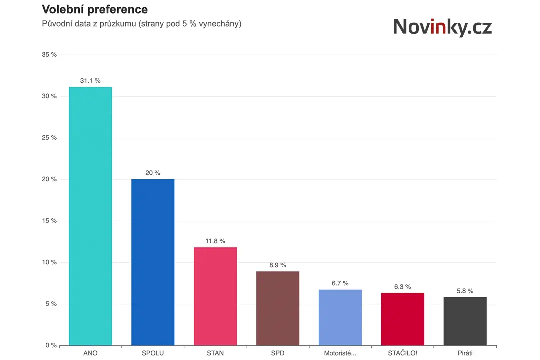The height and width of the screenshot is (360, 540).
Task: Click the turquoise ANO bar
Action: pyautogui.click(x=90, y=216)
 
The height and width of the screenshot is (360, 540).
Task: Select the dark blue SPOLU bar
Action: pyautogui.click(x=153, y=262)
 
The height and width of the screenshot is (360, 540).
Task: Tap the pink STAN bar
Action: pyautogui.click(x=215, y=296)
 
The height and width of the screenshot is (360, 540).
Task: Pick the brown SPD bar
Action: pyautogui.click(x=278, y=308)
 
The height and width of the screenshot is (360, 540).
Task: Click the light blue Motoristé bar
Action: pyautogui.click(x=340, y=317)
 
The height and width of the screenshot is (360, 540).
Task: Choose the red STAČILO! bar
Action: pyautogui.click(x=403, y=319)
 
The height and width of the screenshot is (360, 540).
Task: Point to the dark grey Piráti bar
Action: pyautogui.click(x=465, y=321)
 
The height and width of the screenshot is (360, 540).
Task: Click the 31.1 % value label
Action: pyautogui.click(x=90, y=81)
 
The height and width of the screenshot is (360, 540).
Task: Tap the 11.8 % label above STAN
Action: pyautogui.click(x=215, y=241)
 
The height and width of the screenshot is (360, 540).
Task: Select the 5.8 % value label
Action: pyautogui.click(x=465, y=291)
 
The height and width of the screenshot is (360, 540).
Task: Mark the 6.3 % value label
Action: pyautogui.click(x=403, y=287)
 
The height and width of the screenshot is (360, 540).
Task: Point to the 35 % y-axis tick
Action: pyautogui.click(x=49, y=55)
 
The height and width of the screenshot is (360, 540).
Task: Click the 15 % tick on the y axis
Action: pyautogui.click(x=49, y=221)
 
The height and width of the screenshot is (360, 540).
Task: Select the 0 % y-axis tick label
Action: pyautogui.click(x=51, y=345)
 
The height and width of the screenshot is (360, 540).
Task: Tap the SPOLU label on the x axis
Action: pyautogui.click(x=153, y=353)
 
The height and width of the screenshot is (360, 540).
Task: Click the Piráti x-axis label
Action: pyautogui.click(x=465, y=353)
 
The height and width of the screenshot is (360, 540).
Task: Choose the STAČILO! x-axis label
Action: pyautogui.click(x=403, y=353)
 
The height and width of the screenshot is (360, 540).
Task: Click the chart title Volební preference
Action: pyautogui.click(x=95, y=9)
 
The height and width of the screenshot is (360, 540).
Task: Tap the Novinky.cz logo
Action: pyautogui.click(x=442, y=27)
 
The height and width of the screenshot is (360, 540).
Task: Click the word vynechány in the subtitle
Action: pyautogui.click(x=220, y=24)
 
